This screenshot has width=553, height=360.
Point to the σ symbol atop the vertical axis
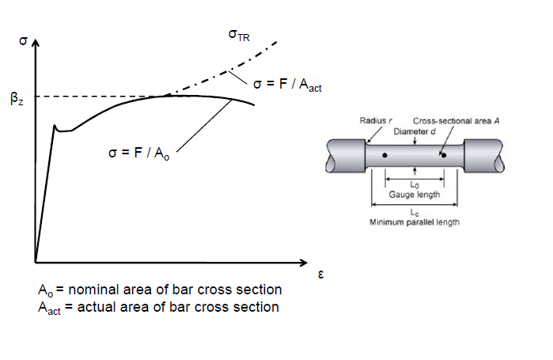pyautogui.click(x=23, y=39)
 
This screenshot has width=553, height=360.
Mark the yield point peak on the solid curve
pyautogui.click(x=54, y=125)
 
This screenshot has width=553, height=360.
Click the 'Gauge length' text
pyautogui.click(x=415, y=194)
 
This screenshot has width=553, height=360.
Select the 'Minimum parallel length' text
pyautogui.click(x=415, y=222)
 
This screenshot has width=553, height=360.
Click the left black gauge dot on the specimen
pyautogui.click(x=385, y=156)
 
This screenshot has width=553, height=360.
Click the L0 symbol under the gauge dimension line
pyautogui.click(x=414, y=184)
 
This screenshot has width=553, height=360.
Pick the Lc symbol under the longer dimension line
pyautogui.click(x=414, y=213)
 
